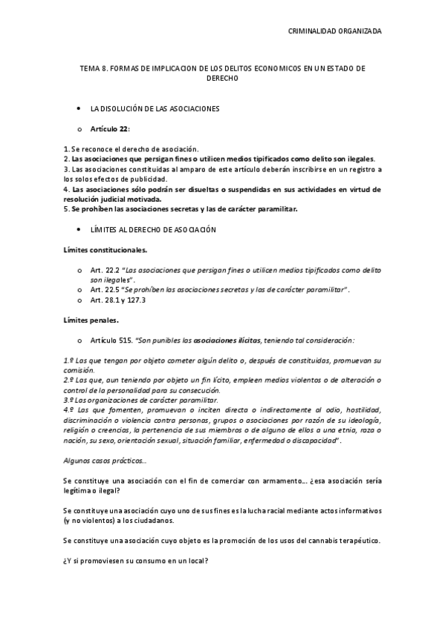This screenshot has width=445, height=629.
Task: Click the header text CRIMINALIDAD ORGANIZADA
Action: click(x=334, y=31)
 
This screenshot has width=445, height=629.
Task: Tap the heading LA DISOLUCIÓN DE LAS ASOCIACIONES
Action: click(x=155, y=109)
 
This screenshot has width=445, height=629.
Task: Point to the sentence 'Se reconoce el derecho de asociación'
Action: click(x=134, y=149)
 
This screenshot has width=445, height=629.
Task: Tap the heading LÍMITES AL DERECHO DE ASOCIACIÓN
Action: click(x=152, y=230)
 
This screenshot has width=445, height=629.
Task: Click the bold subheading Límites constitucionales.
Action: click(x=105, y=250)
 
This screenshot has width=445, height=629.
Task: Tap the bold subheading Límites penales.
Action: click(x=91, y=320)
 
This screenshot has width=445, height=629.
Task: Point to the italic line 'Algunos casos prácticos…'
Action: click(x=105, y=461)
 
